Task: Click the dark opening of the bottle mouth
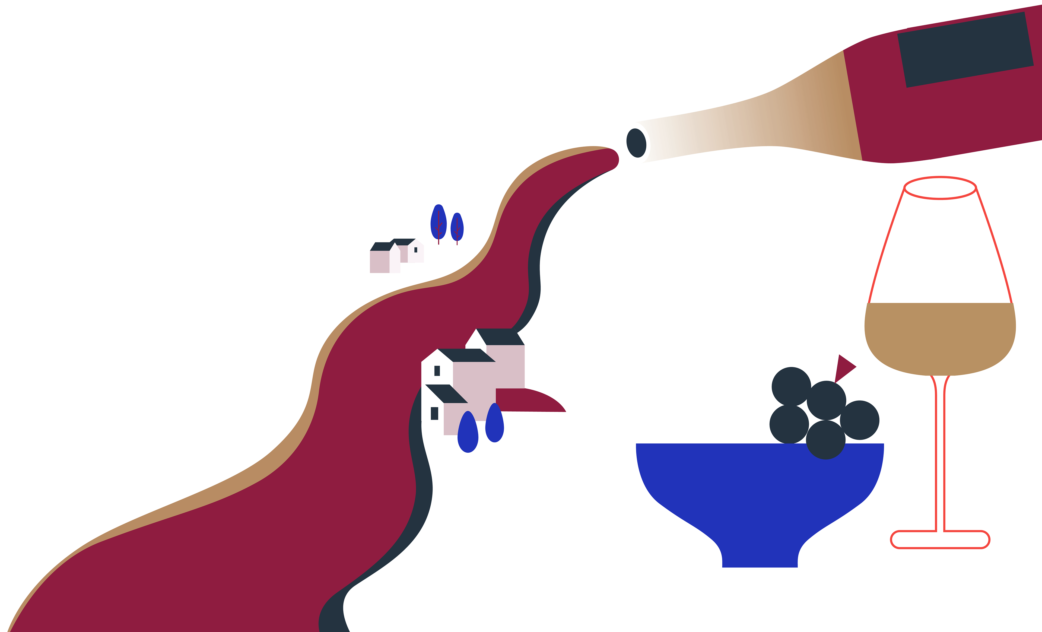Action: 636,143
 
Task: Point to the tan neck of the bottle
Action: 761,123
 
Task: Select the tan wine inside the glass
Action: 940,338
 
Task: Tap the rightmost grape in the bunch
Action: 860,420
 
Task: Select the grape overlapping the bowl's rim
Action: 825,440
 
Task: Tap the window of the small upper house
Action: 416,250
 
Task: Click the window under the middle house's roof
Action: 437,371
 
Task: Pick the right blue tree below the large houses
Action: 494,423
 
